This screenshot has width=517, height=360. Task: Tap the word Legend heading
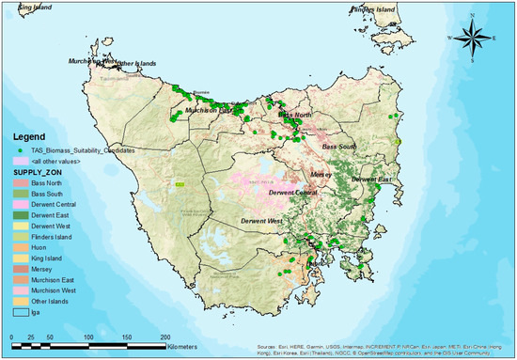click(27, 135)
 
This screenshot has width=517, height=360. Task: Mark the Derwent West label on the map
click(261, 221)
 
